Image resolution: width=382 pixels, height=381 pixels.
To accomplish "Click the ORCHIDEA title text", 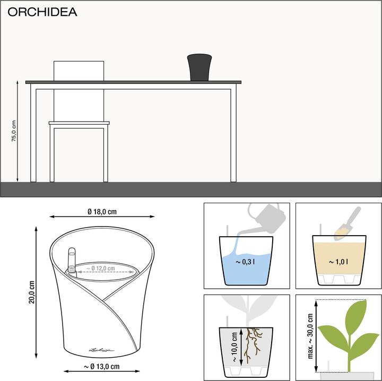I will tap(42, 12).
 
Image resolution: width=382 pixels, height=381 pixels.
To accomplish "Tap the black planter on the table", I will tap(199, 67).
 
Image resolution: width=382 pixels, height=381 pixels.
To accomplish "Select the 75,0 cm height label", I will tap(14, 131).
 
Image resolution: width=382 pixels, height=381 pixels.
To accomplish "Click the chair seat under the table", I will tap(79, 123).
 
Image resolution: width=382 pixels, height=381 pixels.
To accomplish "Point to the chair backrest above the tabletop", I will tap(79, 71).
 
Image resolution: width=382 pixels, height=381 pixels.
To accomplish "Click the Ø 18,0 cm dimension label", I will tap(102, 211).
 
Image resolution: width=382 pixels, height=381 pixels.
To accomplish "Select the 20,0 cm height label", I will tap(32, 292).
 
